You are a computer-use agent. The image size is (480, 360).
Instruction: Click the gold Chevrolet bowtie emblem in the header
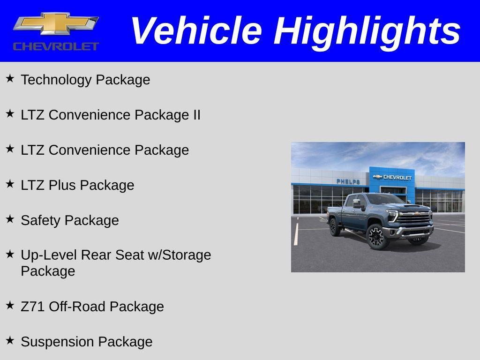click(56, 23)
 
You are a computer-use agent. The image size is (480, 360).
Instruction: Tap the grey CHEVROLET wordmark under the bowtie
click(56, 46)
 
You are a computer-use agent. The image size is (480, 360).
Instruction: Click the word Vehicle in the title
click(196, 30)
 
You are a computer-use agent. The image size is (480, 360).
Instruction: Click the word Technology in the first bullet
click(56, 80)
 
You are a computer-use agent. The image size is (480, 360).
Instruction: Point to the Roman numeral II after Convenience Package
click(196, 115)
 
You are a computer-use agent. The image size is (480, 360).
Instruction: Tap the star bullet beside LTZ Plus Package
click(10, 184)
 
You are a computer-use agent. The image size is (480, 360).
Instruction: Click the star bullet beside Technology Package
click(10, 78)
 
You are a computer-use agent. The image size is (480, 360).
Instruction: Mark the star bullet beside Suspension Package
click(10, 340)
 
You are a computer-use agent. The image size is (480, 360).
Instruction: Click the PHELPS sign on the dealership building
click(348, 181)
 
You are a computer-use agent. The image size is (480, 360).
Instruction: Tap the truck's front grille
click(414, 218)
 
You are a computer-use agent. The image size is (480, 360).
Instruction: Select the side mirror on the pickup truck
click(357, 203)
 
